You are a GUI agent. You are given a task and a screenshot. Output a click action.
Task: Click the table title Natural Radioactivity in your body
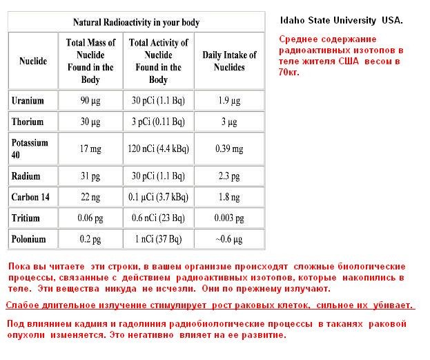point(136,23)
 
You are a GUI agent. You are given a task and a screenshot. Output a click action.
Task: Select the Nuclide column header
point(33,61)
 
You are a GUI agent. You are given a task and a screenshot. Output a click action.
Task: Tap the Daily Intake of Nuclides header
point(229,61)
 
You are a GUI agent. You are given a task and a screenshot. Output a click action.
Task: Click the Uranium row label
point(28,100)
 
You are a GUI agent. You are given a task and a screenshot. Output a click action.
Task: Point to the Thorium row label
point(28,122)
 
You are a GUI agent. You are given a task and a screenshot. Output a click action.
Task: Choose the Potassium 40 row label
point(30,148)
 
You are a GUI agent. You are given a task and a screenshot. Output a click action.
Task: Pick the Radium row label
point(26,176)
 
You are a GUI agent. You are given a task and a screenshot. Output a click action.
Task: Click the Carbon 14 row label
point(31,197)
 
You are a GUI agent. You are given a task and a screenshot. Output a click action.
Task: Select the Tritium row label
point(26,218)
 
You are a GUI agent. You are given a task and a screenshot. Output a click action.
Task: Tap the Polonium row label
point(29,239)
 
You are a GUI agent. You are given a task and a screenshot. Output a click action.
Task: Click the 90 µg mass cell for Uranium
point(90,100)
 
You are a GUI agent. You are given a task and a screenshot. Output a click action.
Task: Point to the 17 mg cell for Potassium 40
point(90,148)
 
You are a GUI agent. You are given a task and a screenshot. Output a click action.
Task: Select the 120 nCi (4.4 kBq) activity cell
point(159,148)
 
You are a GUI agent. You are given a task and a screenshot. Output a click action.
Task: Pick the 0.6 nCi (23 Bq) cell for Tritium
point(159,218)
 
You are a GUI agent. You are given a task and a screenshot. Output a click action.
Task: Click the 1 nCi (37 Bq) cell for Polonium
point(159,239)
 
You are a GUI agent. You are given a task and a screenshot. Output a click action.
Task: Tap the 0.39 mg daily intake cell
point(229,148)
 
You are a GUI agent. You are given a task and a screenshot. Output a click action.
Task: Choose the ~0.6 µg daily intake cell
point(229,239)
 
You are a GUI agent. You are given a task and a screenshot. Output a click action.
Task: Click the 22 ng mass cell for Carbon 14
point(90,197)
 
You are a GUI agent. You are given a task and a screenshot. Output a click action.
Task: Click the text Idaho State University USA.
point(342,21)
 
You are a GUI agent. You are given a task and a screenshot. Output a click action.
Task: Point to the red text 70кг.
point(289,72)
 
